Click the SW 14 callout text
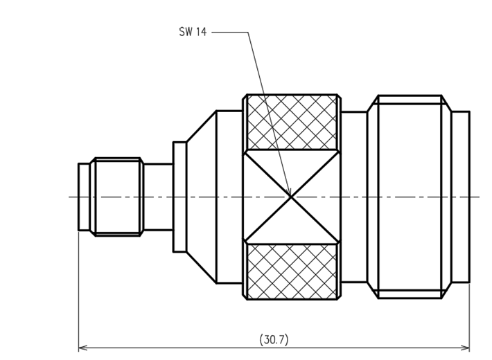tap(193, 32)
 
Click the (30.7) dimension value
tap(274, 340)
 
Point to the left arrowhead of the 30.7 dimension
tap(82, 348)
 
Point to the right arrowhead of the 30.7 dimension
tap(465, 348)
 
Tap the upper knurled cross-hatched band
tap(292, 123)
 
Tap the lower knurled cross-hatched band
tap(292, 271)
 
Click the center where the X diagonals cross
tap(291, 197)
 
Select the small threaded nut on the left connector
tap(116, 197)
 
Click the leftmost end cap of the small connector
tap(84, 197)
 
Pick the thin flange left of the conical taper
tap(179, 197)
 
